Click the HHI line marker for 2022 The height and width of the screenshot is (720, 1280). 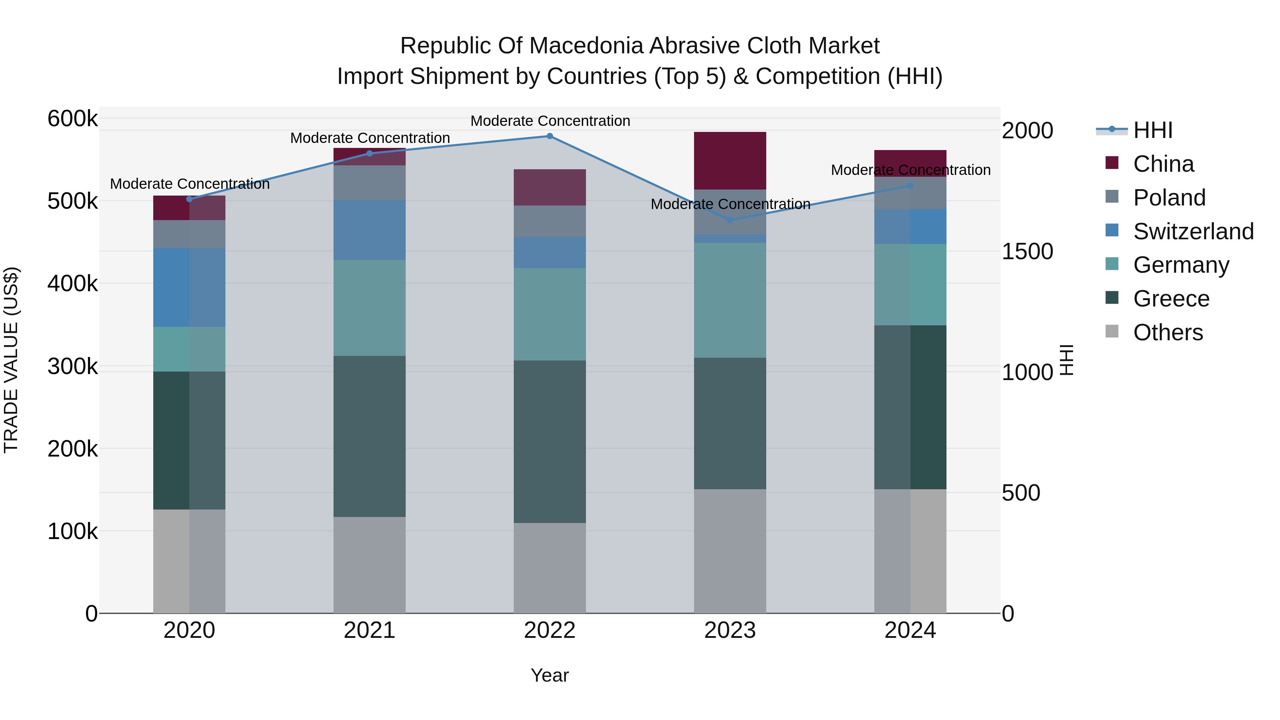point(550,136)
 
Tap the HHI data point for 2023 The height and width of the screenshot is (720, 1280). point(730,220)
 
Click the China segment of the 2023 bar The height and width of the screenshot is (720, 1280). point(730,160)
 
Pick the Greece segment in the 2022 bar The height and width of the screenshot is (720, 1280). point(550,441)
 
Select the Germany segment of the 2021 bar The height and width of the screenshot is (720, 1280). point(369,308)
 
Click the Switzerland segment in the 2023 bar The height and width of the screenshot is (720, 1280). point(730,239)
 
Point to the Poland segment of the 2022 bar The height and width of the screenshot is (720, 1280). point(550,221)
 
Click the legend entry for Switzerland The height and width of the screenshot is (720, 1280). point(1193,231)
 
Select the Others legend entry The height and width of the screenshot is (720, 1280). point(1168,332)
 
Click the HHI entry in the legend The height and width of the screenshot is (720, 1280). point(1153,130)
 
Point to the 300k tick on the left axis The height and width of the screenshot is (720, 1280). point(73,367)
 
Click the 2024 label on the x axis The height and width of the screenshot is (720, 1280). point(910,630)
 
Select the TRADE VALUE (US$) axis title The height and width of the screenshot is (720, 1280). point(11,360)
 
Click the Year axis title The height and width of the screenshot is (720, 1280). point(550,675)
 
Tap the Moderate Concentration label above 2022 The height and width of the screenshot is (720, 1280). point(550,121)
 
